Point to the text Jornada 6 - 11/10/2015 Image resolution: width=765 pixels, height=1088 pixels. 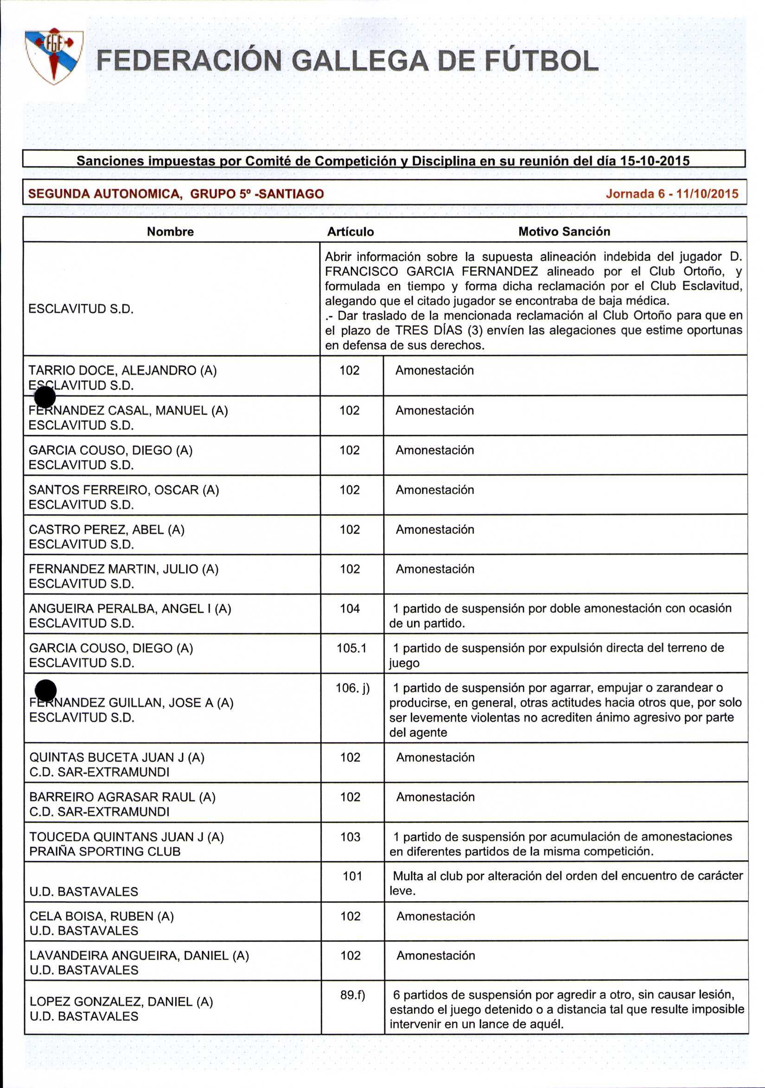coord(672,193)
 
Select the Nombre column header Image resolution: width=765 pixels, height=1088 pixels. coord(170,231)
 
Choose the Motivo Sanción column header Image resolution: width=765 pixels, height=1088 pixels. coord(564,231)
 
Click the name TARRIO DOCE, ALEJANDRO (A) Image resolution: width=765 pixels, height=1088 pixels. coord(123,370)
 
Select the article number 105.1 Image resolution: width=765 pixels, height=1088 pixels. coord(352,648)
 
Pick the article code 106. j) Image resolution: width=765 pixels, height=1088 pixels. coord(353,687)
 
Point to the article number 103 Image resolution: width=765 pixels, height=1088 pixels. coord(350,836)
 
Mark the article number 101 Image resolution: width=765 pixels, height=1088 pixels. coord(352,876)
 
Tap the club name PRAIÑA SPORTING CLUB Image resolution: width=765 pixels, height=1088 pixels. coord(105,851)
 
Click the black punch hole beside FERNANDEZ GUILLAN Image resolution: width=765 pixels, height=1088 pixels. coord(46,690)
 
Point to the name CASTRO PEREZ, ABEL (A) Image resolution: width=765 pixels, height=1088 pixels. coord(107,529)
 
